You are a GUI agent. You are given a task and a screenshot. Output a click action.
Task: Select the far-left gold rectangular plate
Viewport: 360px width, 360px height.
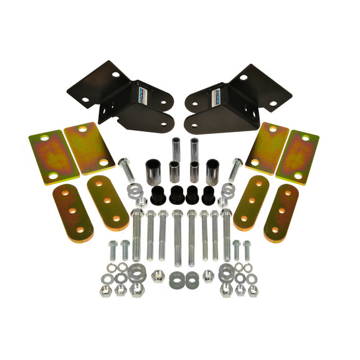[x=47, y=157]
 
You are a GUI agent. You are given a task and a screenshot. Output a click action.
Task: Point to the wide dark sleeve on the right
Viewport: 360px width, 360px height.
[x=212, y=169]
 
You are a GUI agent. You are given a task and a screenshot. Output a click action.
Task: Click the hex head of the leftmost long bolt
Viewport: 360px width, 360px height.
[x=137, y=216]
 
